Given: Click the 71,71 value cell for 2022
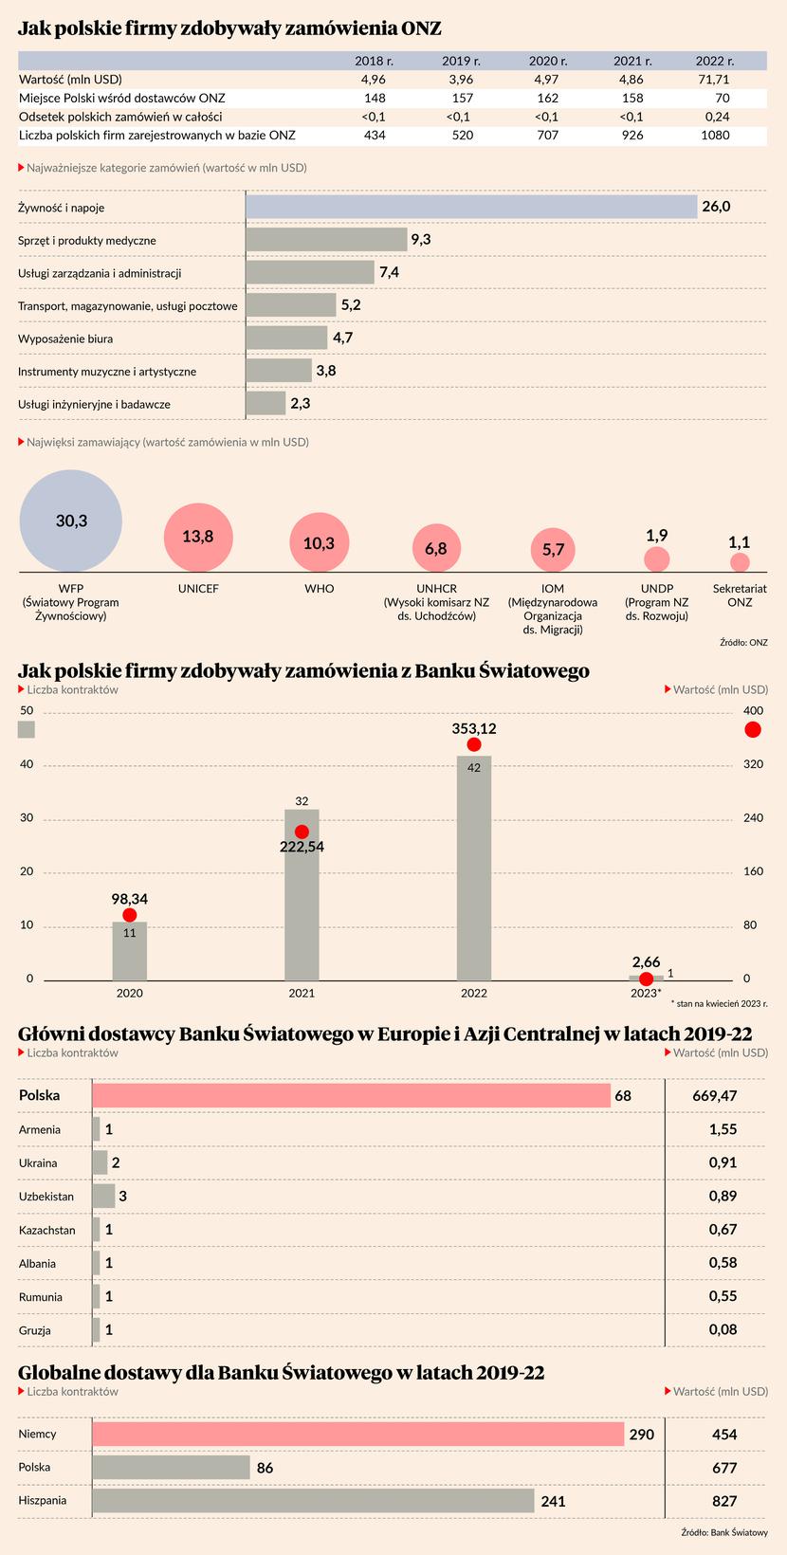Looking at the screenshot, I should [x=715, y=80].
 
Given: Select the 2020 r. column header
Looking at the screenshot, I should [x=547, y=61].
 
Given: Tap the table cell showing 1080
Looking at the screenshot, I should [x=715, y=136].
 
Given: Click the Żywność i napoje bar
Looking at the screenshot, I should [x=471, y=207].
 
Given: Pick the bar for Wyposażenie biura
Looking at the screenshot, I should [x=286, y=338].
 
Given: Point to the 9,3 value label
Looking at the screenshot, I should [x=421, y=240].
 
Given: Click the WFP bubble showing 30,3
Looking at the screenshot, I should [x=71, y=521].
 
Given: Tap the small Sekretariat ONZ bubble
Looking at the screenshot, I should [x=740, y=562].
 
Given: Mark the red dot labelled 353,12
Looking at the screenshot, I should [x=474, y=744].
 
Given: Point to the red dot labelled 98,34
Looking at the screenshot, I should [x=130, y=915].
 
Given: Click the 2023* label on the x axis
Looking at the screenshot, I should [x=646, y=993].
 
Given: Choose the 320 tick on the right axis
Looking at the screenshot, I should [x=751, y=764].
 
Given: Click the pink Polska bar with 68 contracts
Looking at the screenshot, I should [x=351, y=1096].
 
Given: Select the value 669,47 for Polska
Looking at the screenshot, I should [x=715, y=1096].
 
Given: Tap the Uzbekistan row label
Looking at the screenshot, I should [x=46, y=1197].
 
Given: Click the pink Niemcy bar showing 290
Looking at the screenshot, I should [x=357, y=1435].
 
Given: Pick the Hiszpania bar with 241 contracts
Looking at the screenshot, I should [x=313, y=1501].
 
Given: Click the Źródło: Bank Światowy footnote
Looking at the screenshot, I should [x=724, y=1533].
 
